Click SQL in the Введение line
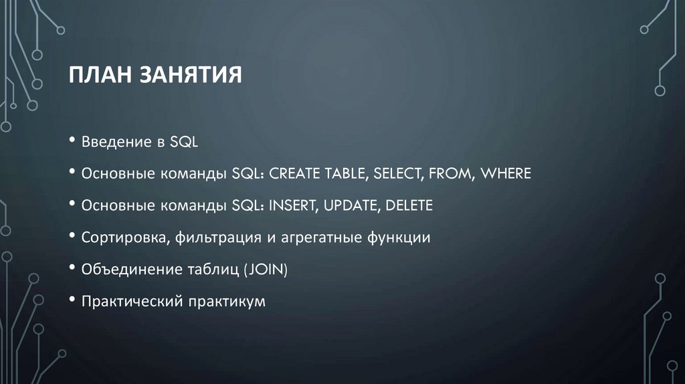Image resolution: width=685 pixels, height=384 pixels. coord(185,142)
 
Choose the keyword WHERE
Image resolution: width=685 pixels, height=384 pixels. coord(506,174)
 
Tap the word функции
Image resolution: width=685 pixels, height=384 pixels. coord(398,237)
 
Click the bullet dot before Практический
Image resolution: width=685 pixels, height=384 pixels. coord(72,301)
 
